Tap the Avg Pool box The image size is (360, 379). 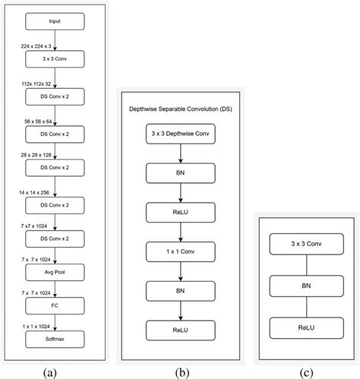click(x=55, y=270)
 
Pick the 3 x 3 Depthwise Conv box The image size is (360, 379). click(x=180, y=137)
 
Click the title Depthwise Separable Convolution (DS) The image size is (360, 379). click(x=180, y=110)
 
